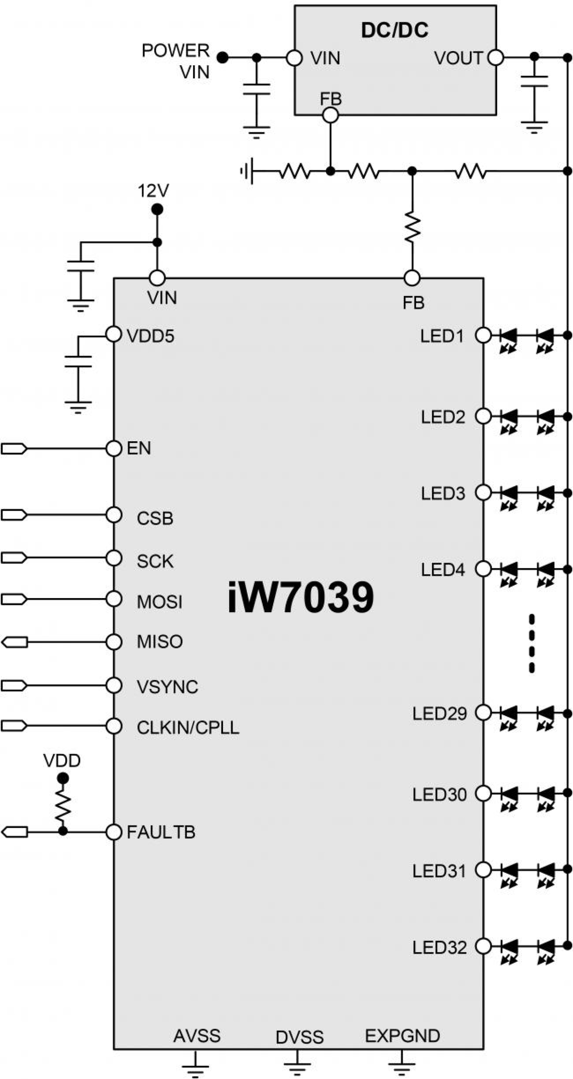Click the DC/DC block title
(395, 30)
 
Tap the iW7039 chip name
(301, 597)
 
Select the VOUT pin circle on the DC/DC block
(495, 58)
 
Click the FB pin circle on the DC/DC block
(330, 115)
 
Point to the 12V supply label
(153, 191)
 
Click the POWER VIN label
(176, 61)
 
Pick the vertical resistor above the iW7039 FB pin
(412, 227)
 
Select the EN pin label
(139, 449)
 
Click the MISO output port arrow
(14, 642)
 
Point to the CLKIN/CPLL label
(188, 728)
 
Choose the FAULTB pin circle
(114, 832)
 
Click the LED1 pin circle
(483, 335)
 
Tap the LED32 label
(439, 948)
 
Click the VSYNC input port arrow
(14, 686)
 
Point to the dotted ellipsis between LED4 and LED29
(531, 643)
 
